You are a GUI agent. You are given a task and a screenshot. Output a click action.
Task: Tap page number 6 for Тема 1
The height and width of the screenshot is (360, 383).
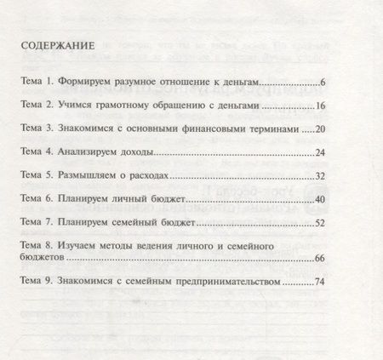[x=321, y=84]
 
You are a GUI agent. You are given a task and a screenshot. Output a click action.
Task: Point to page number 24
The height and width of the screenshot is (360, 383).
[x=318, y=153]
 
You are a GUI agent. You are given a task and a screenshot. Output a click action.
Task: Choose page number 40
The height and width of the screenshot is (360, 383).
[x=318, y=199]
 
